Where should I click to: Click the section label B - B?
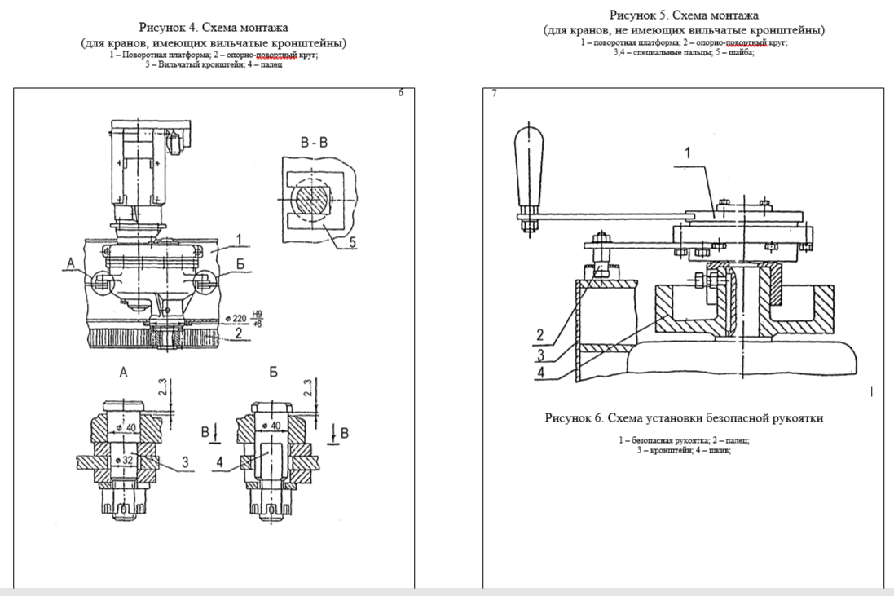pos(314,143)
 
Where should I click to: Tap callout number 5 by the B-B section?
pos(354,241)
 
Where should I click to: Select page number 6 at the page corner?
pos(400,93)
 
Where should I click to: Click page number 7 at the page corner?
pos(495,94)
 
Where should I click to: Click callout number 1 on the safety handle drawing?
pos(687,152)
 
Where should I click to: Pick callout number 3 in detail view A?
pos(185,462)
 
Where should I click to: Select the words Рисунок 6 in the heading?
pos(575,418)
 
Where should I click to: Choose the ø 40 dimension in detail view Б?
pos(276,426)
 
